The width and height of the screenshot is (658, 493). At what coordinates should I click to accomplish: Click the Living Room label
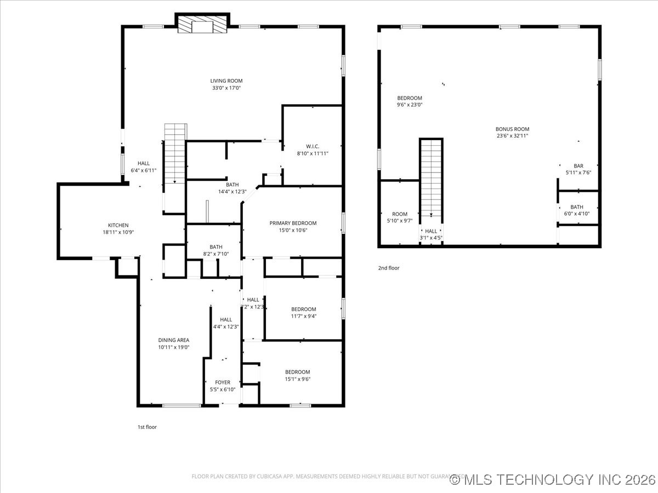[226, 81]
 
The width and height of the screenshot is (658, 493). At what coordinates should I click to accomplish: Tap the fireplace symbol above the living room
[202, 24]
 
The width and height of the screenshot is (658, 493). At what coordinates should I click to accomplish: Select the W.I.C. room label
[313, 146]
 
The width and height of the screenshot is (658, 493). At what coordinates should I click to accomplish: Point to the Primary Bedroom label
[293, 223]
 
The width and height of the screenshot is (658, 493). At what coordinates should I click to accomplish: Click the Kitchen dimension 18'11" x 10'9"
[118, 232]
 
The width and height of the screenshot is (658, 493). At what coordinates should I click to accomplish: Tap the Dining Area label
[174, 340]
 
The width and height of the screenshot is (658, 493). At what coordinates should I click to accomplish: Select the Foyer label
[223, 382]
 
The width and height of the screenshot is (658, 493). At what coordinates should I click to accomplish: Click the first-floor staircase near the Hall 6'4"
[175, 153]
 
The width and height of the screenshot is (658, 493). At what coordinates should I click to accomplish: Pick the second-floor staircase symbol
[432, 178]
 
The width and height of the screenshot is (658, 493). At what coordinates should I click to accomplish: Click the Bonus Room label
[512, 129]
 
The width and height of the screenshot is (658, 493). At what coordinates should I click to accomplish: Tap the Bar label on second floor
[578, 166]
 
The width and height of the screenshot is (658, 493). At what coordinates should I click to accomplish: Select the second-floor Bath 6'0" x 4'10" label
[576, 207]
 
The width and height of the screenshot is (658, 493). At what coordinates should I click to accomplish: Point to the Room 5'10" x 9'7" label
[400, 214]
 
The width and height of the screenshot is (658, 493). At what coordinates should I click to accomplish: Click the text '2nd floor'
[389, 268]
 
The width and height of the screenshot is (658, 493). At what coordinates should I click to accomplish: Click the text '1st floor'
[147, 427]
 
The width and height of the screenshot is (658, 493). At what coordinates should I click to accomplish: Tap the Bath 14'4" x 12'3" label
[232, 185]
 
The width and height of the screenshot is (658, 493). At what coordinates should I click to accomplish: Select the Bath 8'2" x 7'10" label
[215, 247]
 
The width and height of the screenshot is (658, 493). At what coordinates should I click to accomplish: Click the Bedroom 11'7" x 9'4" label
[303, 309]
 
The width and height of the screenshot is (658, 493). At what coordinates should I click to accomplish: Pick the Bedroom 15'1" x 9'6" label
[297, 372]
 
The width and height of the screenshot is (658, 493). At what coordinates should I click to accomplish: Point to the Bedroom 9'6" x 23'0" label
[410, 98]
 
